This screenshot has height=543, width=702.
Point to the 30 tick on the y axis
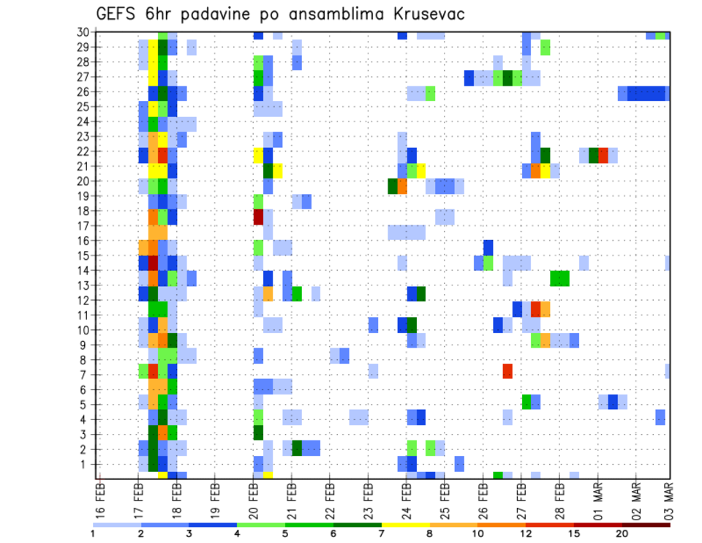(83, 32)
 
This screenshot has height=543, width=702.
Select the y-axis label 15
(83, 256)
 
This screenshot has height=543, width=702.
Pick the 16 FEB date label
(100, 497)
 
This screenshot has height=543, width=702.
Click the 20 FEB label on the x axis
(253, 497)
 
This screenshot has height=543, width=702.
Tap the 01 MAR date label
(597, 497)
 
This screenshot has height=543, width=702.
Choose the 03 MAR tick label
(668, 497)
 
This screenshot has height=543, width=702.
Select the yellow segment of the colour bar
(405, 525)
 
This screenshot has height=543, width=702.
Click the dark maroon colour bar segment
(646, 525)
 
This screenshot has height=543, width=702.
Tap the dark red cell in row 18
(258, 217)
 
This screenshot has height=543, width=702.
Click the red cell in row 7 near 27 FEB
(507, 371)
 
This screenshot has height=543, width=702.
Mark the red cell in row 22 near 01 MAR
(603, 155)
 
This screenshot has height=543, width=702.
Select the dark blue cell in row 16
(488, 247)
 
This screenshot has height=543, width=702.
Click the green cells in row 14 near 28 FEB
(560, 278)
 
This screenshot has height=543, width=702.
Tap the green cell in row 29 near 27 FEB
(546, 48)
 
